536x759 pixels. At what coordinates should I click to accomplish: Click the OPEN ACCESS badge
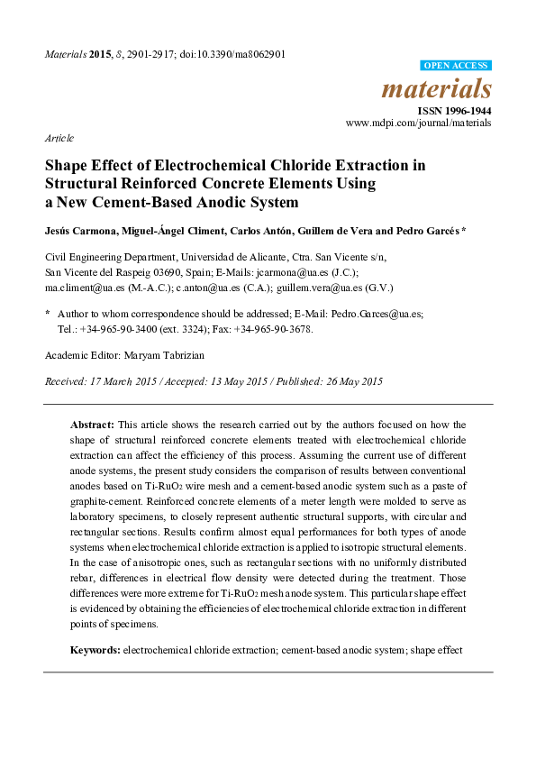click(x=457, y=66)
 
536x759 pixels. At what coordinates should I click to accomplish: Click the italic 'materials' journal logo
click(x=437, y=88)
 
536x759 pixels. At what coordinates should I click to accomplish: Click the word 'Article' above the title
click(x=59, y=139)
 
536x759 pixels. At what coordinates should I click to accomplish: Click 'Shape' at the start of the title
click(x=68, y=166)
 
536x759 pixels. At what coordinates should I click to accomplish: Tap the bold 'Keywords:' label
click(x=95, y=649)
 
